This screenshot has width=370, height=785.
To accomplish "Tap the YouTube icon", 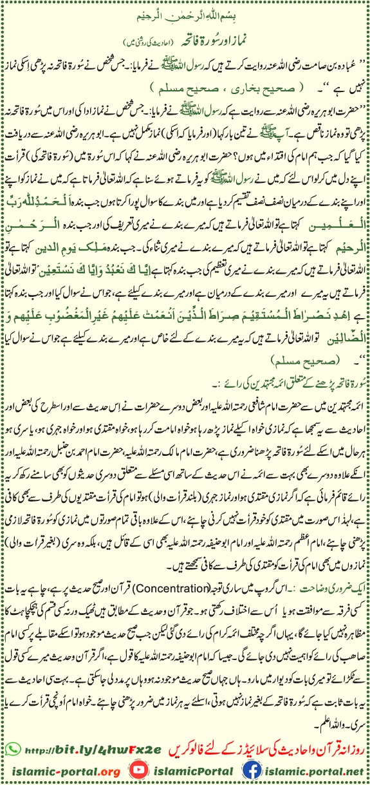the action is (x=137, y=770).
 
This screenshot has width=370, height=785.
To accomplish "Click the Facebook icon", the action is (x=254, y=770).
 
